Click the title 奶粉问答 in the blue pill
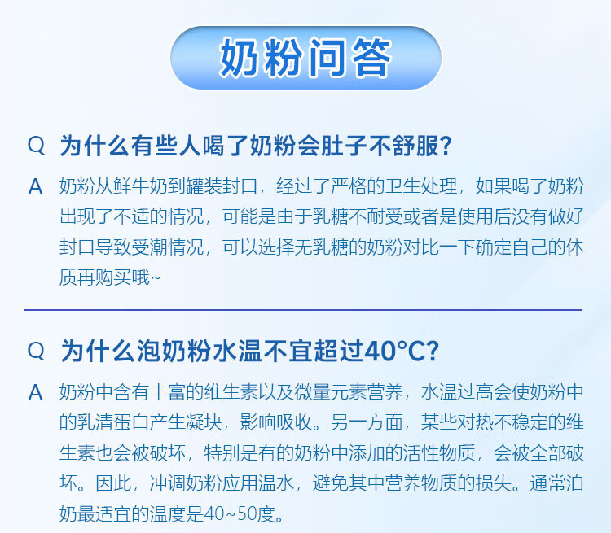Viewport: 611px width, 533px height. click(x=305, y=58)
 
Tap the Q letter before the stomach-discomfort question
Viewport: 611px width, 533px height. click(x=36, y=145)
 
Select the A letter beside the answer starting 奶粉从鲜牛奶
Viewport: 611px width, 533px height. click(x=36, y=186)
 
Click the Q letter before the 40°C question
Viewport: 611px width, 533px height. click(x=36, y=351)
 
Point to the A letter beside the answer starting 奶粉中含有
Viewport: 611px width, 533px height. click(x=36, y=392)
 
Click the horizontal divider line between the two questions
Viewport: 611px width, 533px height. click(x=304, y=310)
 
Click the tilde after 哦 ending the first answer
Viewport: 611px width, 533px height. click(x=156, y=278)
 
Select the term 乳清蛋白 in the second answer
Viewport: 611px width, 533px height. click(x=113, y=422)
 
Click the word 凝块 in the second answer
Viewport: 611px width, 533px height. click(x=204, y=422)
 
